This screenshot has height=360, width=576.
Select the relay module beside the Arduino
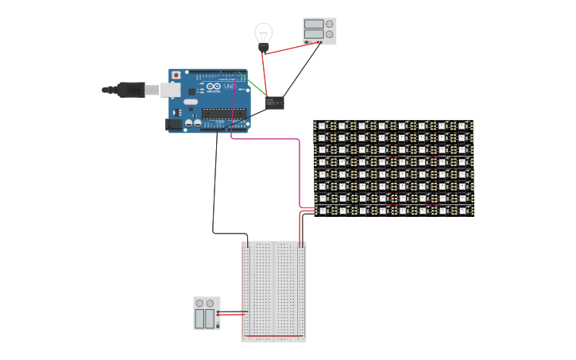tap(275, 103)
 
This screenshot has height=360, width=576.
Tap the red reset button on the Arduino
tap(176, 75)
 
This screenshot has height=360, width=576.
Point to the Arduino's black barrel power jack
tap(172, 124)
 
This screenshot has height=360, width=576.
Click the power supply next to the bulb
tap(319, 31)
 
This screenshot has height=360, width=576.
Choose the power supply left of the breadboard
tap(207, 313)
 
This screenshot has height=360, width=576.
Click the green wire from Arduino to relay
tap(256, 87)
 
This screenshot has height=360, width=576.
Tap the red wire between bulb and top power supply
tap(290, 48)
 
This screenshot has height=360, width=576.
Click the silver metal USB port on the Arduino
tap(169, 90)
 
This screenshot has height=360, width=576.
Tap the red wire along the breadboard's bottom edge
tap(272, 336)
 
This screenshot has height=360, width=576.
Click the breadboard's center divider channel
tap(273, 290)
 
